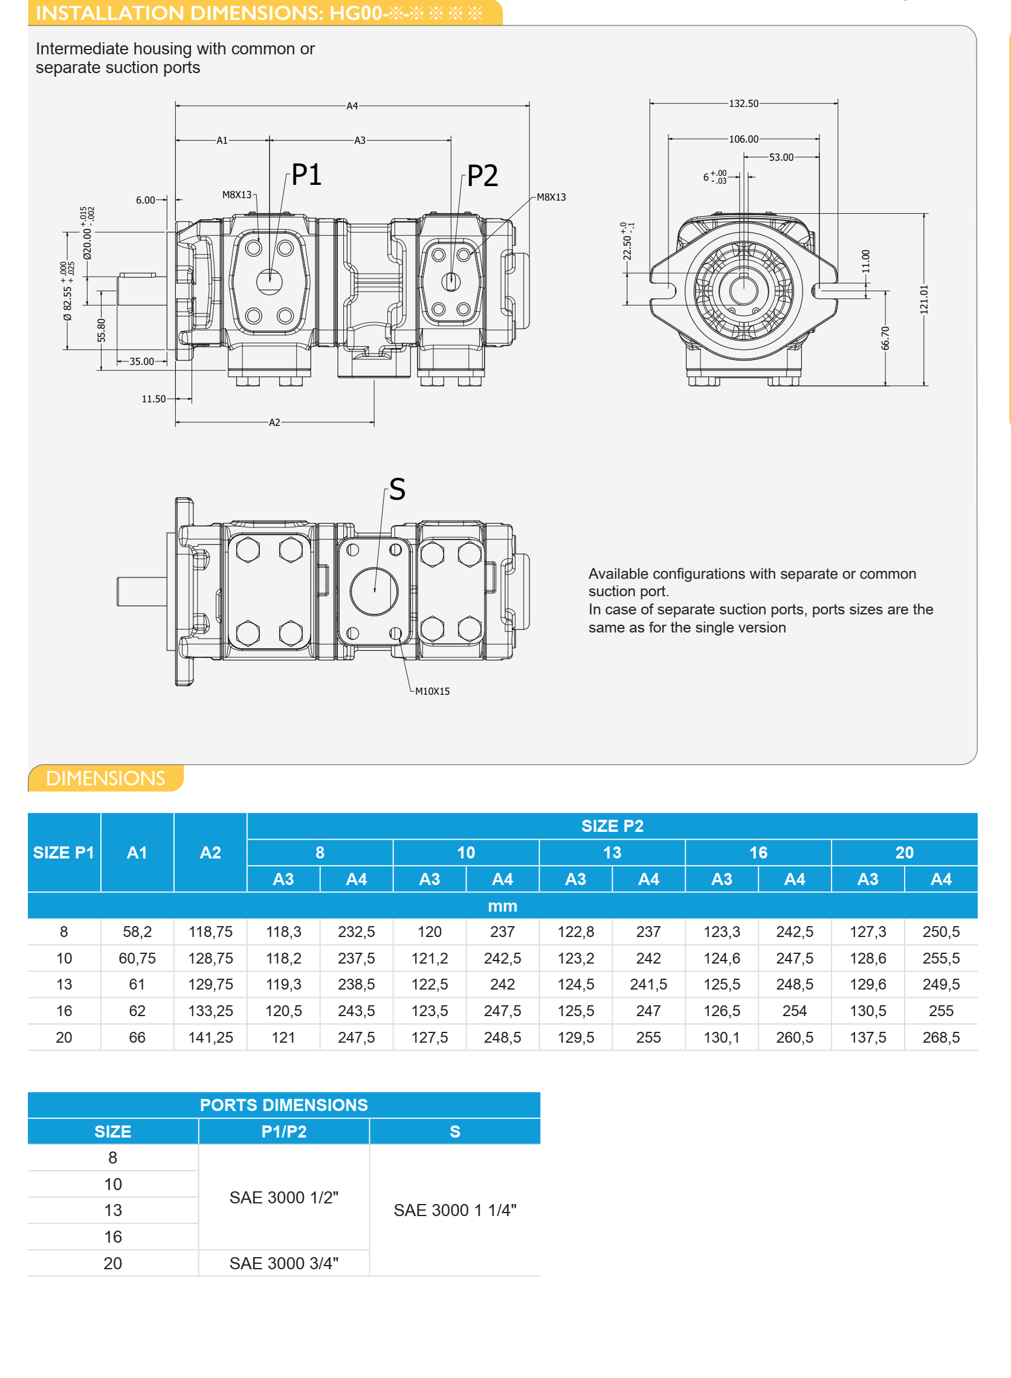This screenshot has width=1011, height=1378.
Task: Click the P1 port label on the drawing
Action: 306,175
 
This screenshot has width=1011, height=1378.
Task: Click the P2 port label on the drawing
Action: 482,176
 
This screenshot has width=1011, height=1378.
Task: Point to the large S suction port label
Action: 397,489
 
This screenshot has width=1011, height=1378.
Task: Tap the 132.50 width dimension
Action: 743,103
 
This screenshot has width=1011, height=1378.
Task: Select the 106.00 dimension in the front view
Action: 743,139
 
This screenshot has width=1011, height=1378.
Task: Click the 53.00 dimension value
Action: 781,157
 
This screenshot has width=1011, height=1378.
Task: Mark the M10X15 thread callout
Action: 432,691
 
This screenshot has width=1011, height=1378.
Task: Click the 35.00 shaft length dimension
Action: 142,361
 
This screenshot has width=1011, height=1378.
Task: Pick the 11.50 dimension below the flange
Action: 153,399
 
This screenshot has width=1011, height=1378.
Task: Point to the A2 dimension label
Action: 274,422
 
